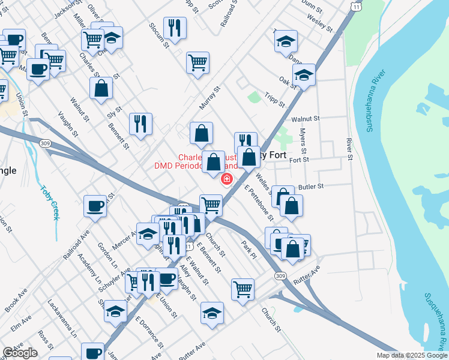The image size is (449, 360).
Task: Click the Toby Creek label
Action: click(x=49, y=202)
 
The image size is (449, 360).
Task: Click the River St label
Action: click(x=348, y=149)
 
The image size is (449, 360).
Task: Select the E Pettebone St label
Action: click(x=259, y=202)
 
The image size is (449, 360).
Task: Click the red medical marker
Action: click(x=227, y=179)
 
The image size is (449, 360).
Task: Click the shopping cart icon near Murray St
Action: click(x=197, y=62)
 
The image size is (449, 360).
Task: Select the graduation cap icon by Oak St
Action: click(x=304, y=75)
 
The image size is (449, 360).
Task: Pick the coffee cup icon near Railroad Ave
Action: click(x=95, y=206)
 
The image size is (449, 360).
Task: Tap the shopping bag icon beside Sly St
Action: click(x=101, y=88)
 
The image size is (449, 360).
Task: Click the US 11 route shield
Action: click(x=357, y=5)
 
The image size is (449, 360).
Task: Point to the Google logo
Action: click(x=20, y=353)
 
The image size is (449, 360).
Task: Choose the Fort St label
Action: click(x=298, y=160)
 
